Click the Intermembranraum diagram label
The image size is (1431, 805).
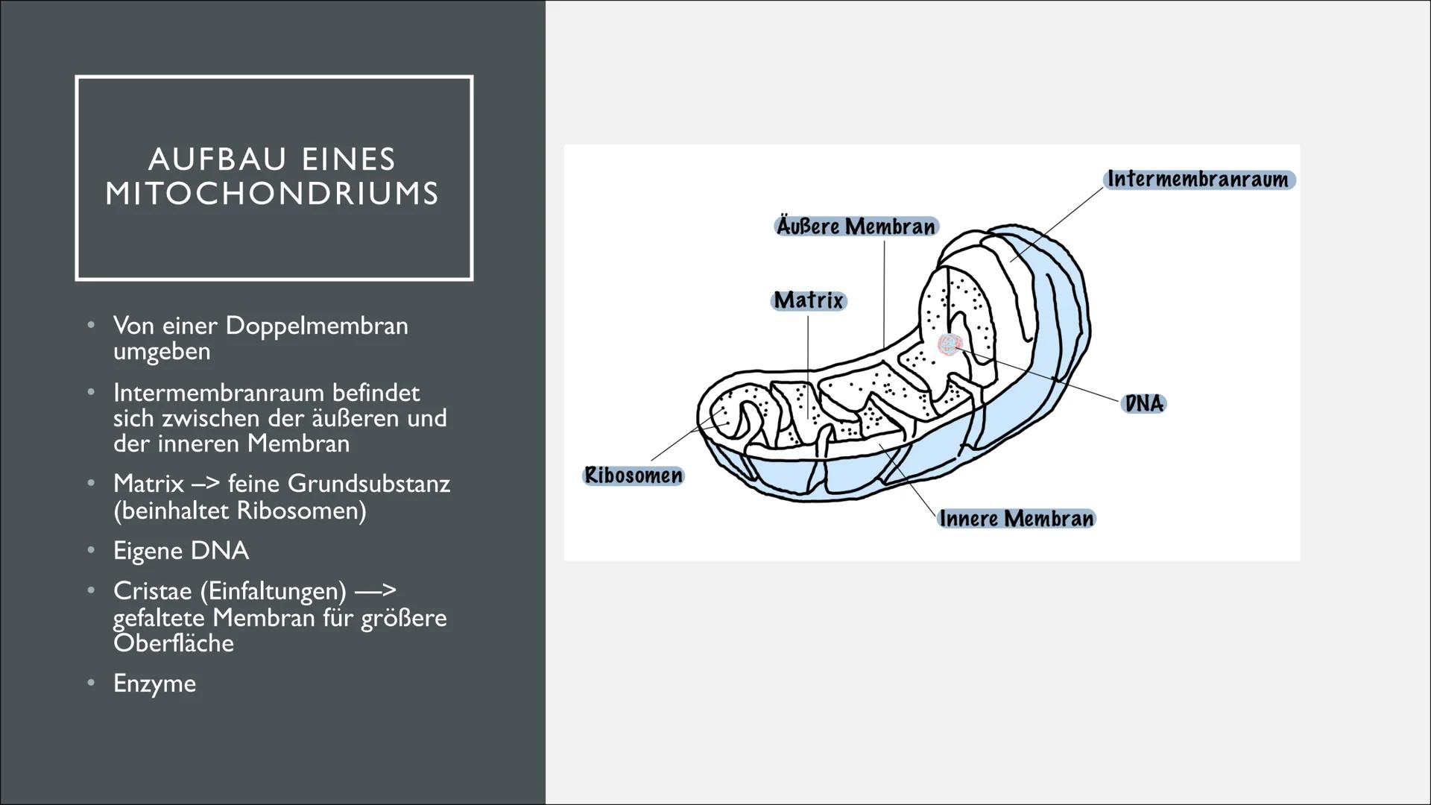(1198, 180)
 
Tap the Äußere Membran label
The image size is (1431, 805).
(856, 227)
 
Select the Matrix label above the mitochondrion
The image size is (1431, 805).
(809, 300)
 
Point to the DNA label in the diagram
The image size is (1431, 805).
(1144, 404)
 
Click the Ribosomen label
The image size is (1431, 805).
(633, 476)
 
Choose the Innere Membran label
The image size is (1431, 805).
(1017, 519)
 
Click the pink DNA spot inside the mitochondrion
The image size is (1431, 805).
(950, 344)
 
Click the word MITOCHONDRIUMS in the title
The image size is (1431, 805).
(273, 194)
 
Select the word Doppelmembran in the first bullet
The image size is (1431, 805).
(316, 326)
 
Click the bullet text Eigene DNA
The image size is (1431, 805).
(181, 551)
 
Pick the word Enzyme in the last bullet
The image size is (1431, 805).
(155, 684)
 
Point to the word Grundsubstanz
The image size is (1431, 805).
(369, 484)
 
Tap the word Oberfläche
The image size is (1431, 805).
(174, 643)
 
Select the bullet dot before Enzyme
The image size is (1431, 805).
(91, 683)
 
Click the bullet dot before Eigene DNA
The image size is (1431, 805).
(91, 550)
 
